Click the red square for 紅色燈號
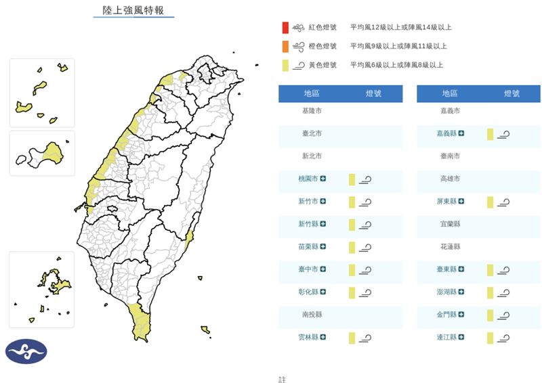point(286,28)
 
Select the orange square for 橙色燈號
point(286,46)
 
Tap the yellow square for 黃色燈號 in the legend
point(286,65)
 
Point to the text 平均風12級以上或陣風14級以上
point(400,28)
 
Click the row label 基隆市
point(312,110)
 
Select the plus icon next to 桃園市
point(323,179)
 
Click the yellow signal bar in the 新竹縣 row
point(352,224)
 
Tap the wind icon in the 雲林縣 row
point(365,338)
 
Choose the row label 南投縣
point(312,315)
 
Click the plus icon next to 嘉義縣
point(461,134)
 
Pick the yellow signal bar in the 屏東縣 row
point(490,202)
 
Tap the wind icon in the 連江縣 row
point(503,338)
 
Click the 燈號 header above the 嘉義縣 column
point(512,94)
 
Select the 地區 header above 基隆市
point(312,94)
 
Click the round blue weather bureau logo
point(26,351)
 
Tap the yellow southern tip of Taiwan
point(141,324)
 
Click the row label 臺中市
point(309,269)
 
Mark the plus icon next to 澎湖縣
point(461,292)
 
